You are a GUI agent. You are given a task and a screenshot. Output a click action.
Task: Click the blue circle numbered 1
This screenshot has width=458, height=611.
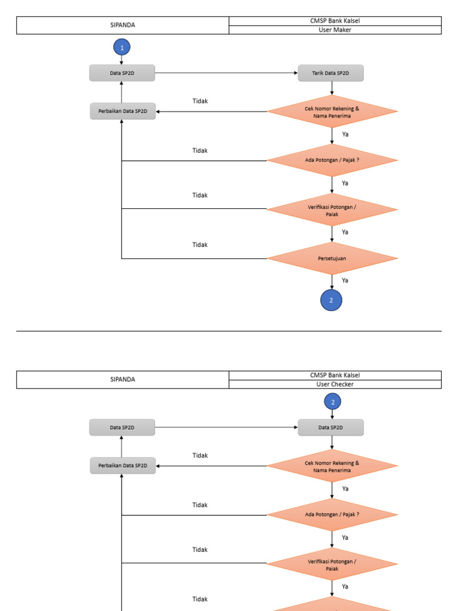[x=122, y=47]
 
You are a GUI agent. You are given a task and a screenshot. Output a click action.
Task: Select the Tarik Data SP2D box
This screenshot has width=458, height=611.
[x=331, y=73]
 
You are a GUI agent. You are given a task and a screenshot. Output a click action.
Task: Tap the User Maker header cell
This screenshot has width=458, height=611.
[x=335, y=30]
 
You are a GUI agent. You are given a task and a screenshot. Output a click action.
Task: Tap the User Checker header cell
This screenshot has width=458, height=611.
[x=335, y=384]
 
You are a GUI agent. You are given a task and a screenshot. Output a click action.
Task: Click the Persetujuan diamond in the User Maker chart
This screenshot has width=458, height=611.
[x=332, y=258]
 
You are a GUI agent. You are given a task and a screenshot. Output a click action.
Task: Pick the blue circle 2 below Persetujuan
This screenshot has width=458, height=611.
[x=332, y=300]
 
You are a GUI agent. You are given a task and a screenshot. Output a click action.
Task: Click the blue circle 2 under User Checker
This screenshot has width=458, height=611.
[x=333, y=402]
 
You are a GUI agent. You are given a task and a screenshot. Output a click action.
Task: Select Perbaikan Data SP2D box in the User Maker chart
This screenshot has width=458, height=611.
[x=123, y=112]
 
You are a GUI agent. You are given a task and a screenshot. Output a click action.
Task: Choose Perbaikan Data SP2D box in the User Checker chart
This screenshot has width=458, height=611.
[x=123, y=465]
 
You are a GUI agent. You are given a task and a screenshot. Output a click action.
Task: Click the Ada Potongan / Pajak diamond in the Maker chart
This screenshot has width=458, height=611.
[x=332, y=160]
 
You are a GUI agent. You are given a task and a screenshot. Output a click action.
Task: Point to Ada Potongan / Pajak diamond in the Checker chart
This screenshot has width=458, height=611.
[x=332, y=514]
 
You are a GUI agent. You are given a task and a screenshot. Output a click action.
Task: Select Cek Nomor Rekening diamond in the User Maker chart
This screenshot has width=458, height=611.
[x=332, y=112]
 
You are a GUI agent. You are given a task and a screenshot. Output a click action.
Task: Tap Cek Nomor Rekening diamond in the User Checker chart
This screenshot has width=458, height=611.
[x=332, y=466]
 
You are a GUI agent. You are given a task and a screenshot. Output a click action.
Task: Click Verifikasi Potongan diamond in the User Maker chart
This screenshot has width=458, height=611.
[x=332, y=209]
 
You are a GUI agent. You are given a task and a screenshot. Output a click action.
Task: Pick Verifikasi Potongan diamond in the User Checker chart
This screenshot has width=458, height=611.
[x=332, y=564]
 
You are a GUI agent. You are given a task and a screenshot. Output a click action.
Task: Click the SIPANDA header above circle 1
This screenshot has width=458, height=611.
[x=122, y=25]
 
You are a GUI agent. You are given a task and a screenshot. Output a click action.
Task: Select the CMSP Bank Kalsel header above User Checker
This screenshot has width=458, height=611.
[x=335, y=375]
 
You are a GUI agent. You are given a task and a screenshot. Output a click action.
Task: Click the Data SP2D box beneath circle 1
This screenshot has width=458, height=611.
[x=122, y=73]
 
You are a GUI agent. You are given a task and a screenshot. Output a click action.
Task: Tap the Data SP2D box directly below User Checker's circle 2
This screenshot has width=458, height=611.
[x=331, y=427]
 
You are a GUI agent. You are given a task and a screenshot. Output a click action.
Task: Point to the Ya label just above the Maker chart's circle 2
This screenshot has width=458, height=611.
[x=345, y=280]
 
